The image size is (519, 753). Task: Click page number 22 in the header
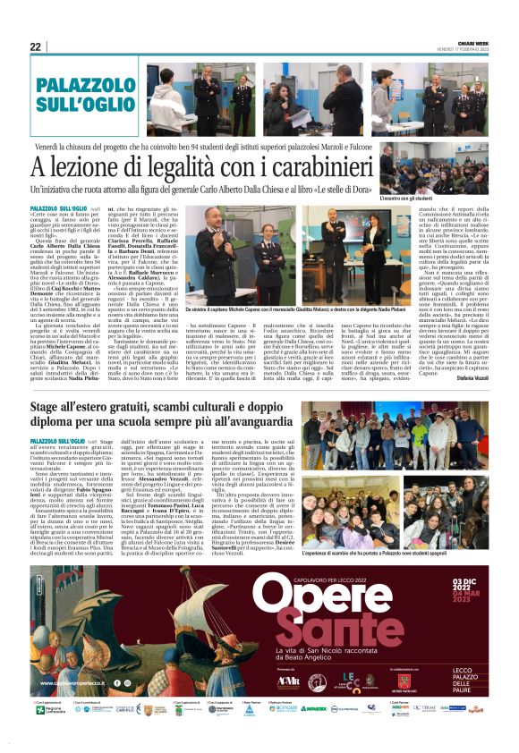[x=35, y=47]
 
